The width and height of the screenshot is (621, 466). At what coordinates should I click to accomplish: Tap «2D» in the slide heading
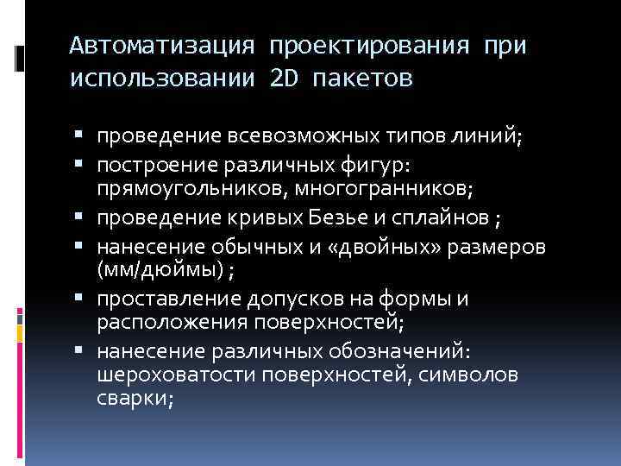283,79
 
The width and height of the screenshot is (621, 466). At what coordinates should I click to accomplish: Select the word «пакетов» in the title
363,79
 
